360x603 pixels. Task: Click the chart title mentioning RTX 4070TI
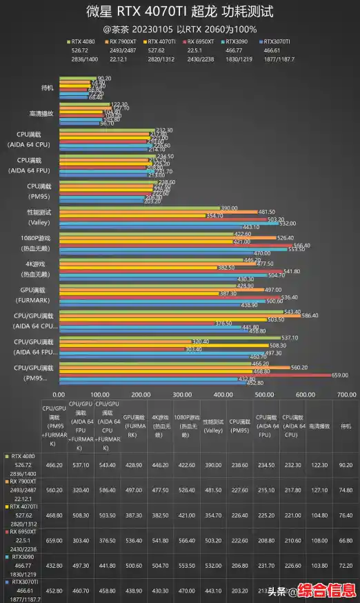pyautogui.click(x=179, y=12)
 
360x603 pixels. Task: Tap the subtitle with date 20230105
pyautogui.click(x=179, y=29)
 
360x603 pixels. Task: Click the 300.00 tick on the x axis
pyautogui.click(x=182, y=395)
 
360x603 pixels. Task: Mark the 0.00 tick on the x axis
pyautogui.click(x=59, y=395)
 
